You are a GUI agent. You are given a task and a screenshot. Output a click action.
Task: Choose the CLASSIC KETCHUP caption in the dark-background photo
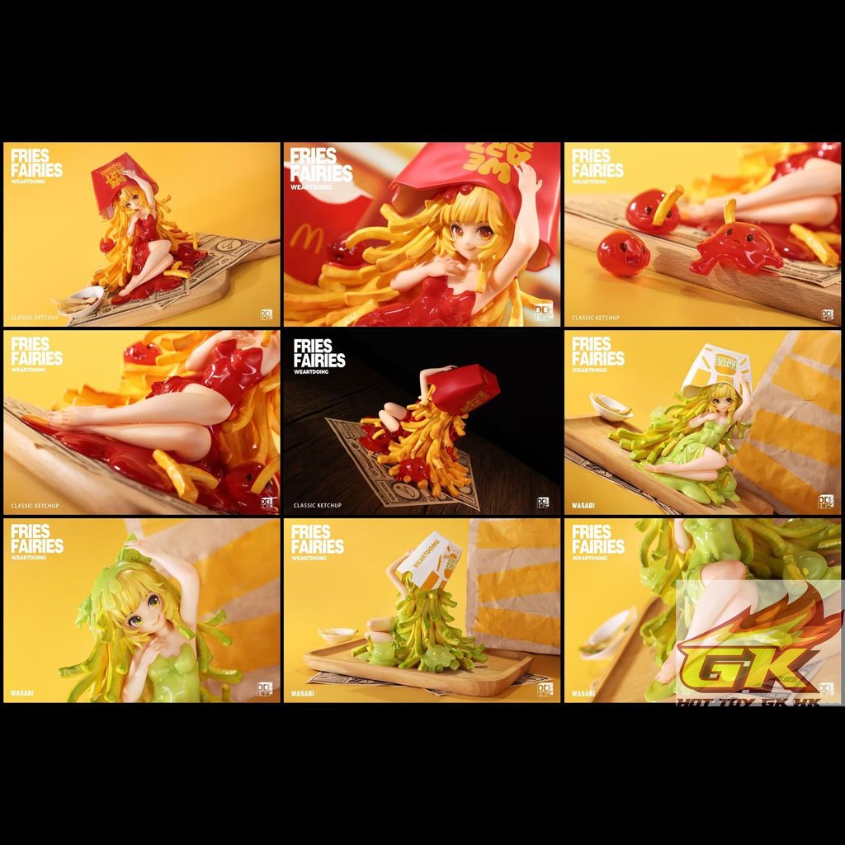coord(317,505)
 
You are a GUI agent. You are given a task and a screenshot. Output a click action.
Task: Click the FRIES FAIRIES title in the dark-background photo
coord(319,352)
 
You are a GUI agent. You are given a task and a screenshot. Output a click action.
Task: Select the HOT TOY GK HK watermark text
coord(758,700)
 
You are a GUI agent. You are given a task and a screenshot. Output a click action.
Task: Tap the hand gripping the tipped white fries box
coord(402,561)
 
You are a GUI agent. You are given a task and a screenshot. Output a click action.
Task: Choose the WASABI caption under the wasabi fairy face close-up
coord(26,693)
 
